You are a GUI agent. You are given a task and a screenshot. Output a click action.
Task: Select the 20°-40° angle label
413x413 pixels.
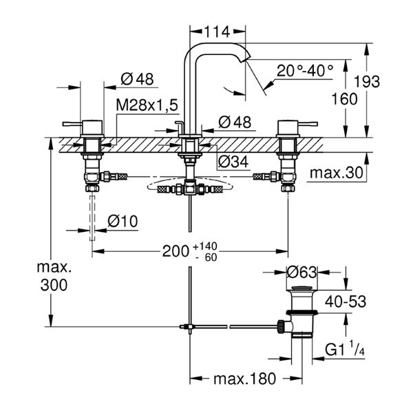[305, 70]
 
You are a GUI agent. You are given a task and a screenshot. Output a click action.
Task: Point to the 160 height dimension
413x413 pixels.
[343, 98]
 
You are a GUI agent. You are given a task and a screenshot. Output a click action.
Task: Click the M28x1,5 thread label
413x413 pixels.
[147, 104]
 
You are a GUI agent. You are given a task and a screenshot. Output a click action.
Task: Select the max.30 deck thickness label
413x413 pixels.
[336, 172]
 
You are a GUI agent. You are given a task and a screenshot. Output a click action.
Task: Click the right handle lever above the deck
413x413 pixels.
[292, 125]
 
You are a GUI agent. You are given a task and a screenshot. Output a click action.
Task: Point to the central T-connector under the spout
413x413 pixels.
[187, 188]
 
